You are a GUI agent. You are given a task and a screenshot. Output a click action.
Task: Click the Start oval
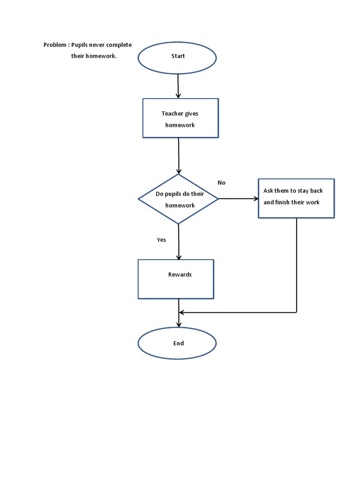pos(177,58)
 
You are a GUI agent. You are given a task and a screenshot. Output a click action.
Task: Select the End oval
pos(177,344)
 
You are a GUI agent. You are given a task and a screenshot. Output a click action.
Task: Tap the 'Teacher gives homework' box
pos(180,118)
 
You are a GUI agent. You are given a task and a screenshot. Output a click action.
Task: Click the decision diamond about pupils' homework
pos(178,199)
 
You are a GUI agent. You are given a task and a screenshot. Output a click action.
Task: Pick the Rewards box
pos(176,279)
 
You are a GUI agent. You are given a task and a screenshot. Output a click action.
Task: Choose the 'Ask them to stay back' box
pos(296,198)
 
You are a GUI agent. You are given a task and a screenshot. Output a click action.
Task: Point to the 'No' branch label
pos(222,183)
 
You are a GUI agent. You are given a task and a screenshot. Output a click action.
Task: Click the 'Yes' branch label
pos(161,240)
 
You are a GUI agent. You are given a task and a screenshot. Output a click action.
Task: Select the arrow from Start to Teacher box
pos(178,86)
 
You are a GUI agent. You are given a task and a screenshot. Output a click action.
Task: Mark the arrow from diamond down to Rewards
pos(179,242)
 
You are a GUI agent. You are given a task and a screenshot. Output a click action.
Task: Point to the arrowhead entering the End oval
pos(179,324)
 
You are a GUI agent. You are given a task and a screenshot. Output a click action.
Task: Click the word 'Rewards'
pos(180,275)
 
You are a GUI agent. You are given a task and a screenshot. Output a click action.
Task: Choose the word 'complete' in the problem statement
pos(120,45)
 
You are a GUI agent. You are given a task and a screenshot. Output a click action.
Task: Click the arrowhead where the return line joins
pos(182,312)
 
